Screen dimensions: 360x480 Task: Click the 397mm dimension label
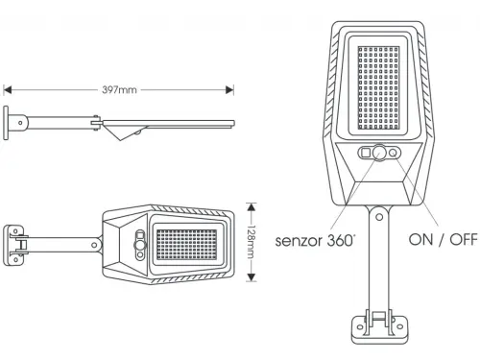(x=119, y=90)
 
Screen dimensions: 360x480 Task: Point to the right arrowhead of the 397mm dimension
(x=230, y=90)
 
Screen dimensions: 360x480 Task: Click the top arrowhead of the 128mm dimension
(x=252, y=205)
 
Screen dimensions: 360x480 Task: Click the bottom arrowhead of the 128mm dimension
(x=252, y=280)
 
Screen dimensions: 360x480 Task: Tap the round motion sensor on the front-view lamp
(x=380, y=153)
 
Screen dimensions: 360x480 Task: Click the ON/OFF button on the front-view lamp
(x=395, y=153)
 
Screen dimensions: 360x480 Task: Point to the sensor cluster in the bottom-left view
(x=141, y=244)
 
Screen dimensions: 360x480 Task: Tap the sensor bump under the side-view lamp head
(x=131, y=133)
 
